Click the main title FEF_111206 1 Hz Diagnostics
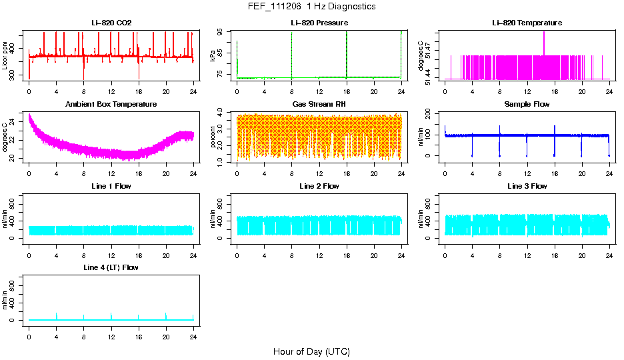311,7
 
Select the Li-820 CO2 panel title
111,23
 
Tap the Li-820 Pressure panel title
319,23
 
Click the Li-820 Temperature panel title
527,23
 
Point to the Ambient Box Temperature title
111,105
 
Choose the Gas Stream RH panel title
319,105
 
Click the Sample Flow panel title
527,105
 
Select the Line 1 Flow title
111,186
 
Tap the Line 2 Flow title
319,186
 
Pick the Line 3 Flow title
527,186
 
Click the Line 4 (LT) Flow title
111,267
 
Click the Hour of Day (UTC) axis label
311,351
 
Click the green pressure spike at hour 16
347,53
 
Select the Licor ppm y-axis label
5,55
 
